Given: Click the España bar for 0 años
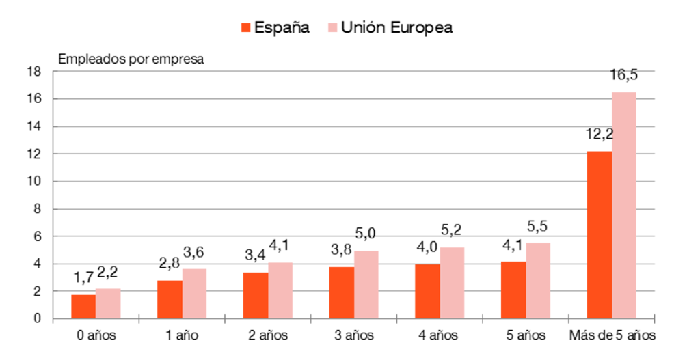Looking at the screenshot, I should (83, 307).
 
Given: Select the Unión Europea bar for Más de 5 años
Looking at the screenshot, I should (623, 205).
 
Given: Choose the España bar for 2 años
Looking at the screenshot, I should (256, 295).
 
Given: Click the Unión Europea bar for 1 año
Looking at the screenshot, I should (194, 294).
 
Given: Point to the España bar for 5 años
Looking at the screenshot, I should (513, 290).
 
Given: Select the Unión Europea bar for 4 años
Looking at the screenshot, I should (452, 283).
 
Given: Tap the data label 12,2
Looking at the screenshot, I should (599, 135).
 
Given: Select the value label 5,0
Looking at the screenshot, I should (366, 235).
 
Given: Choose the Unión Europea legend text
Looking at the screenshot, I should (397, 28).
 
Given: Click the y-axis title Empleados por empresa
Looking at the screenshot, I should (131, 59).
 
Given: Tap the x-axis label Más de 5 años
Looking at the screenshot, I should (612, 335).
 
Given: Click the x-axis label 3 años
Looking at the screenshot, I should (353, 335).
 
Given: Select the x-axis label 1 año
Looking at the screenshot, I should (181, 335).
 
